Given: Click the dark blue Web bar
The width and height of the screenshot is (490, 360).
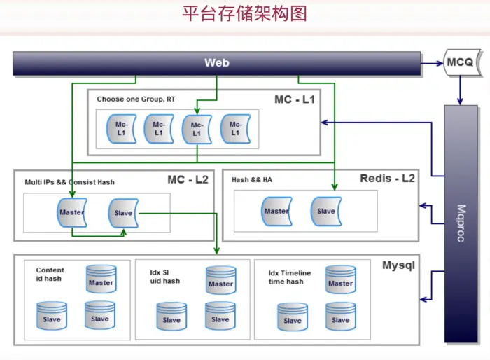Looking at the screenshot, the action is (x=217, y=63).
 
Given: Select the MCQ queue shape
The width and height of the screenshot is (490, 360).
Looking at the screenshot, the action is (x=462, y=62).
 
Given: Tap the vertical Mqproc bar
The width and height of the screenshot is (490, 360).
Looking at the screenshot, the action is (x=461, y=223).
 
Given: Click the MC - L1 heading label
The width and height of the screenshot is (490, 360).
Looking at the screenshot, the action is (x=295, y=99).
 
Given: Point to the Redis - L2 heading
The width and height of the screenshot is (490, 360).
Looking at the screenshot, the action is (x=388, y=179).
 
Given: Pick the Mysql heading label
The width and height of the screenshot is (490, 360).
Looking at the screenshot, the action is (x=399, y=265).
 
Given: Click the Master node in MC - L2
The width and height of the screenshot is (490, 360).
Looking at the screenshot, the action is (x=72, y=212).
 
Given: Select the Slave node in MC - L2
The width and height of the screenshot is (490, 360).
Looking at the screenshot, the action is (x=123, y=213).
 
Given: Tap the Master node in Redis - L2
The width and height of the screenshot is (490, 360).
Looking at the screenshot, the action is (x=276, y=211).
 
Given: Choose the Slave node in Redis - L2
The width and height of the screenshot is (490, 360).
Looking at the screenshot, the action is (x=326, y=211).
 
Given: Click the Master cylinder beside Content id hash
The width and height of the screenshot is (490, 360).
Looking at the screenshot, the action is (x=101, y=279).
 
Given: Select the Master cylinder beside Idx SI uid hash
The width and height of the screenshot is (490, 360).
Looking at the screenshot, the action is (x=221, y=280).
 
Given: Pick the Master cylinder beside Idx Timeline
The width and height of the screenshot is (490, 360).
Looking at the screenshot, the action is (x=341, y=279).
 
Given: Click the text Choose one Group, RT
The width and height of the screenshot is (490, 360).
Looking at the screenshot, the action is (x=136, y=99).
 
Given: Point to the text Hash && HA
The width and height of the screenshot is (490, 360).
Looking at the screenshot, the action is (x=252, y=179).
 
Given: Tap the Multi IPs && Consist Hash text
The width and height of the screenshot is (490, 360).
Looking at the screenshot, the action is (x=70, y=182).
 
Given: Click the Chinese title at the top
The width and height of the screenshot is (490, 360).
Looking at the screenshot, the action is (x=245, y=13).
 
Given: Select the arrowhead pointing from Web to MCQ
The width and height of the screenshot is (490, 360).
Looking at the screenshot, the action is (x=440, y=64).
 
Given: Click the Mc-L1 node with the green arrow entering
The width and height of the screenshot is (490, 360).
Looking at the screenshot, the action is (x=197, y=129).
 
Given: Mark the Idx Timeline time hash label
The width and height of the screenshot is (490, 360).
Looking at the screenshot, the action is (x=290, y=277).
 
